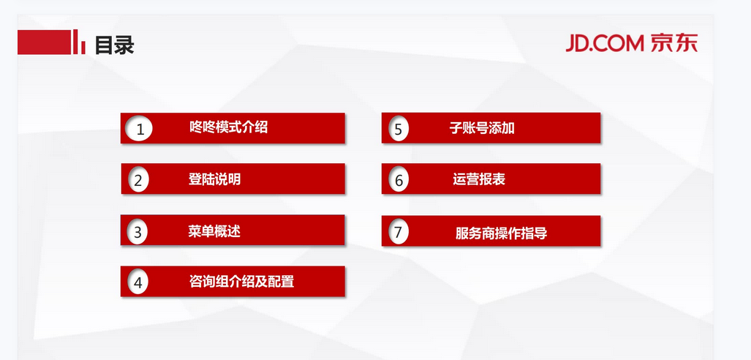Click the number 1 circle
point(140,129)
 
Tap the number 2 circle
point(138,180)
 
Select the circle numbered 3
point(137,232)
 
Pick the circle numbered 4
point(138,282)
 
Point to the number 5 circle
point(399,129)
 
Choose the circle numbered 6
point(399,180)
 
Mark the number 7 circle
point(398,232)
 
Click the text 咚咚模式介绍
point(228,127)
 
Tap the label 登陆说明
point(214,179)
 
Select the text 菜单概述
point(214,231)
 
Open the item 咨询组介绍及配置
point(241,282)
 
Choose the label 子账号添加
point(482,128)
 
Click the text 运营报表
point(479,179)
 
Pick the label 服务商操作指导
point(501,233)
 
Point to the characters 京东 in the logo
point(674,43)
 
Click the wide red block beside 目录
point(44,42)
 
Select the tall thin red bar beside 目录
point(75,42)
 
